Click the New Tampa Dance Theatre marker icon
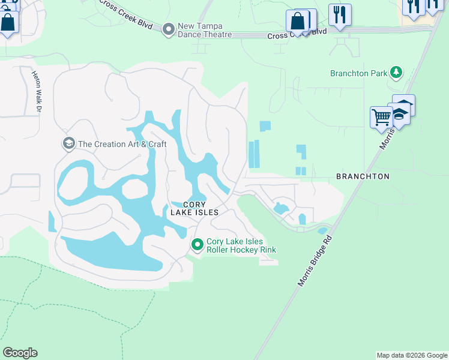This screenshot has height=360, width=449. [169, 28]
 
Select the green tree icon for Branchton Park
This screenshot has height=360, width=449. [396, 73]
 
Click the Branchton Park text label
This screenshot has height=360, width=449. [358, 74]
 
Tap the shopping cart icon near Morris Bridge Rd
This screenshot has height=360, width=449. [381, 116]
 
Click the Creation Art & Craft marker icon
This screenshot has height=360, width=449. [68, 143]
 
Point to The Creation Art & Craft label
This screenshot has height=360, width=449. [122, 144]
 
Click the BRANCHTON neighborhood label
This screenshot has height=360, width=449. [363, 176]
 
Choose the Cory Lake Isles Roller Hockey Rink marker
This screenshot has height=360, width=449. [197, 244]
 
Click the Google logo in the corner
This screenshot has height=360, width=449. [20, 353]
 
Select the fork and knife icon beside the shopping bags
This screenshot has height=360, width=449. [340, 14]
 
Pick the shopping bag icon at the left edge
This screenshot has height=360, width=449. [8, 23]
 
